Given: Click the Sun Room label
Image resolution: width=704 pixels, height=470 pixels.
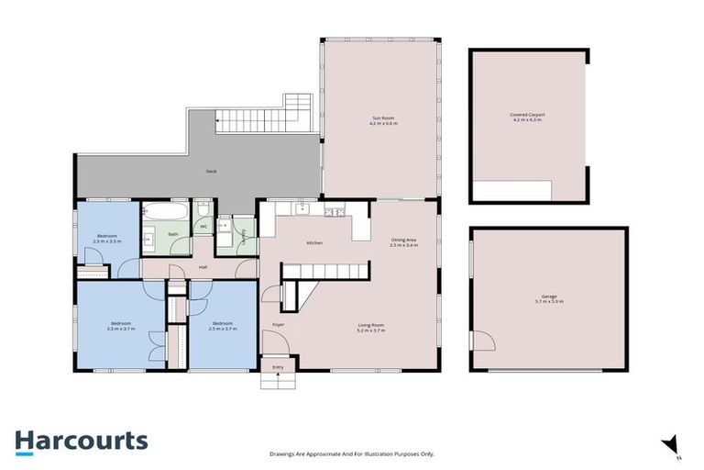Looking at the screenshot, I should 383,120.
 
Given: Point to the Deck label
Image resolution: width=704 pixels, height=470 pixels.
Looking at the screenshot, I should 211,172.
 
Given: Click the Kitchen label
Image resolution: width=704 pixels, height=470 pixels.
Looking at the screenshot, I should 314,243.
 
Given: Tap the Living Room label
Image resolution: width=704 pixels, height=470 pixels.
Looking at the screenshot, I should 370,328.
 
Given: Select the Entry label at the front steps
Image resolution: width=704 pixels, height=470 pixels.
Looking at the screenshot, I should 278,368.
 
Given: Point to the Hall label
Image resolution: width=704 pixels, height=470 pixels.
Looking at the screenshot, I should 202,268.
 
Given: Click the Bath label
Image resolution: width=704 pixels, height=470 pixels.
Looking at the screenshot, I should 172,234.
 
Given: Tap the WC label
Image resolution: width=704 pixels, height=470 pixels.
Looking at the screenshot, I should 203,225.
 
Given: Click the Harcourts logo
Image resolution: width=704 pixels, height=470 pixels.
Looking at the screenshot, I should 81,441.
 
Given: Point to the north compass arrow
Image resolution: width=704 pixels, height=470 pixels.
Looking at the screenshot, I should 671,444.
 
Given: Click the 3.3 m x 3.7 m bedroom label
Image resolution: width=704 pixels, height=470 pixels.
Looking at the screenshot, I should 122,326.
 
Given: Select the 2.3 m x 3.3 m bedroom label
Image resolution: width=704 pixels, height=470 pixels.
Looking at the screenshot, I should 107,239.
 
